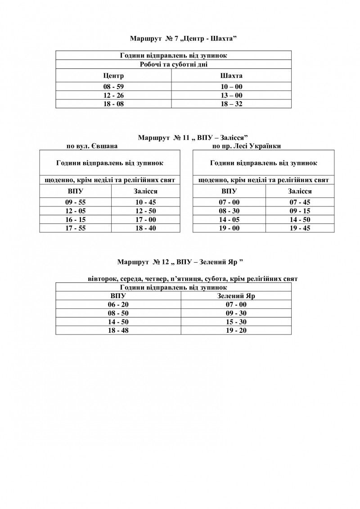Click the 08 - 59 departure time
coord(113,87)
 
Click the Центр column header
coord(113,76)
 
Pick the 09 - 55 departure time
coord(76,202)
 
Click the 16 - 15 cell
coord(76,219)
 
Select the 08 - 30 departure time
coord(229,211)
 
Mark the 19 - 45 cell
coord(300,228)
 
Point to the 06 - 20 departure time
coord(118,304)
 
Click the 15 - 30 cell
coord(236,322)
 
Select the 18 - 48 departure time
coord(118,330)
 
